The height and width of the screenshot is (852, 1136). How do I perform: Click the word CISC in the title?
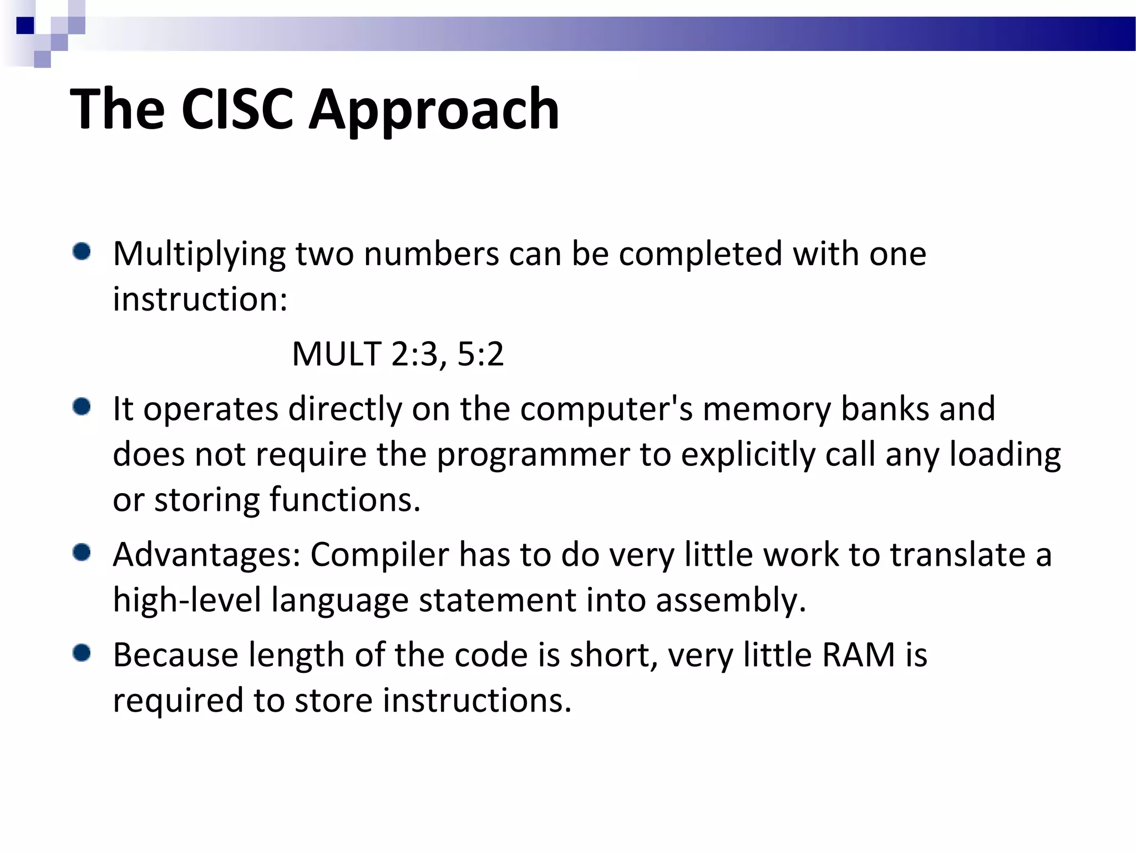(x=237, y=109)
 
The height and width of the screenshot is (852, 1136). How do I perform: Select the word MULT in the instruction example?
(x=337, y=354)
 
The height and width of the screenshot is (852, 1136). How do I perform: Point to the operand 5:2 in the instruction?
(x=480, y=354)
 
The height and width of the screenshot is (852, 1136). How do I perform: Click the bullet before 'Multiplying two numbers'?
(x=82, y=252)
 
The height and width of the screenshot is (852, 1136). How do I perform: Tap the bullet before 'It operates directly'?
(x=82, y=408)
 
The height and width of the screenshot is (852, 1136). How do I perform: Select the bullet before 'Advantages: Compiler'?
(x=82, y=553)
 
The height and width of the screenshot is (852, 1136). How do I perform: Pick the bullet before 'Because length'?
(x=82, y=653)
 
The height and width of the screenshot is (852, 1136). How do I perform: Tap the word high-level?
(x=187, y=601)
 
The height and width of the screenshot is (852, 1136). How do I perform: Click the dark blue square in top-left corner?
(x=26, y=26)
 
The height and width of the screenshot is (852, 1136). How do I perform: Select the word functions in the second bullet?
(x=344, y=500)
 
